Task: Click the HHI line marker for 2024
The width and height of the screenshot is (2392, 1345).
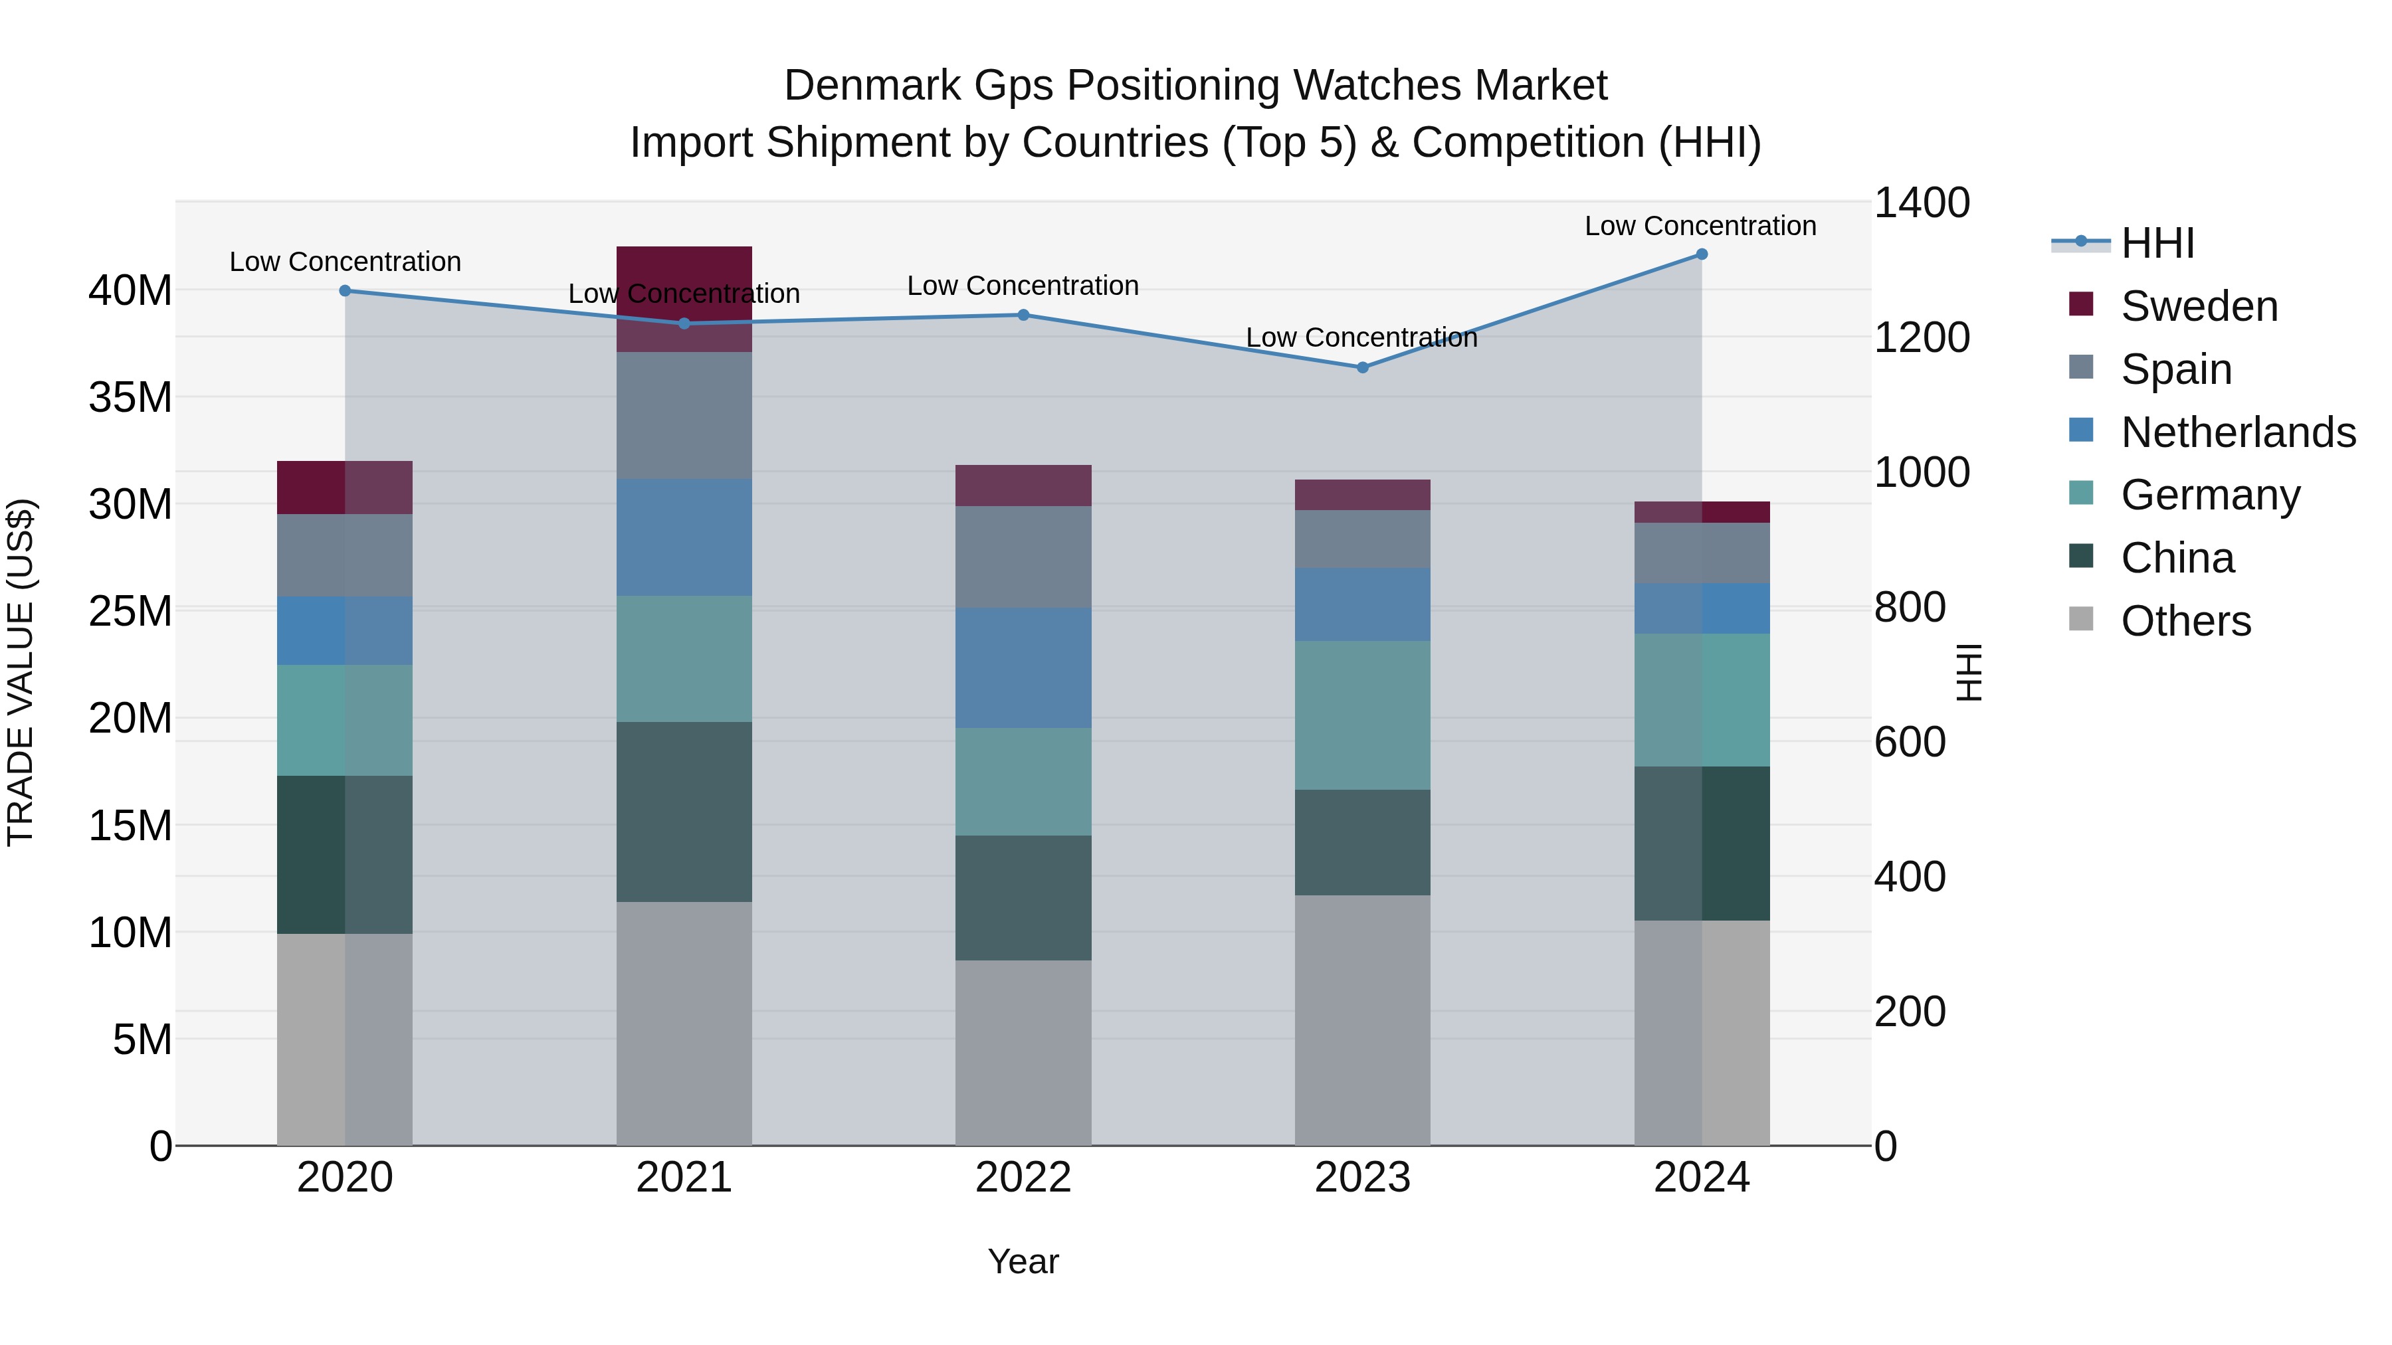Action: pyautogui.click(x=1701, y=254)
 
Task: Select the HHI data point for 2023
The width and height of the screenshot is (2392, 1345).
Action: pyautogui.click(x=1362, y=367)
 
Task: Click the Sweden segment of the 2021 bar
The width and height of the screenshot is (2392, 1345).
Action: pyautogui.click(x=684, y=299)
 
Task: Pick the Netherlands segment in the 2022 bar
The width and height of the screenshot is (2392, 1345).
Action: pyautogui.click(x=1023, y=668)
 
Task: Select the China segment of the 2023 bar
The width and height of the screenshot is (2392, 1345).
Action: pyautogui.click(x=1362, y=842)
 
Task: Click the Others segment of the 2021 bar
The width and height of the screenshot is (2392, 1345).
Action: pyautogui.click(x=684, y=1023)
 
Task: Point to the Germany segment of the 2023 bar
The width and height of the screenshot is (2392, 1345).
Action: pyautogui.click(x=1362, y=715)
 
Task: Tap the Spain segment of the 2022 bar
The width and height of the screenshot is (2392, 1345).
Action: pyautogui.click(x=1023, y=557)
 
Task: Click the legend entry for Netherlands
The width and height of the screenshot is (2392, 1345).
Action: pyautogui.click(x=2238, y=432)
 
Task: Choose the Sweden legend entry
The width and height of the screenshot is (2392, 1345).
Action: pyautogui.click(x=2199, y=306)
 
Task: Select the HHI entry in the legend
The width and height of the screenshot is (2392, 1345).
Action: pyautogui.click(x=2157, y=243)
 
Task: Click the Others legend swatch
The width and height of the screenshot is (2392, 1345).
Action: pyautogui.click(x=2081, y=619)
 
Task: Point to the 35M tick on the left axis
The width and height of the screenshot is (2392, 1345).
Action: pyautogui.click(x=130, y=397)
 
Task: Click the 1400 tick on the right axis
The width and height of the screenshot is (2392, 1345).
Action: pyautogui.click(x=1921, y=203)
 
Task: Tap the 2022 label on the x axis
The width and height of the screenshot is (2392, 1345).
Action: pyautogui.click(x=1023, y=1178)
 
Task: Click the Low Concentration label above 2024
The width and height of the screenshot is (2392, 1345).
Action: pyautogui.click(x=1700, y=226)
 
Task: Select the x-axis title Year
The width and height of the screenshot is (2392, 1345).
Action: pyautogui.click(x=1023, y=1261)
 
